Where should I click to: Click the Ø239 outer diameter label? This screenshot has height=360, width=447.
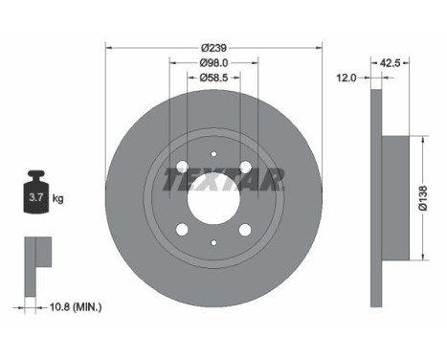(214, 47)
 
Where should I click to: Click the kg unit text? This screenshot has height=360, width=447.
(57, 199)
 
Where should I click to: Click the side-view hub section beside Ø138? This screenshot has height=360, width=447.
(395, 198)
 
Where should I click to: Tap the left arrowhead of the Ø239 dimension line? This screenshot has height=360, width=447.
(107, 47)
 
